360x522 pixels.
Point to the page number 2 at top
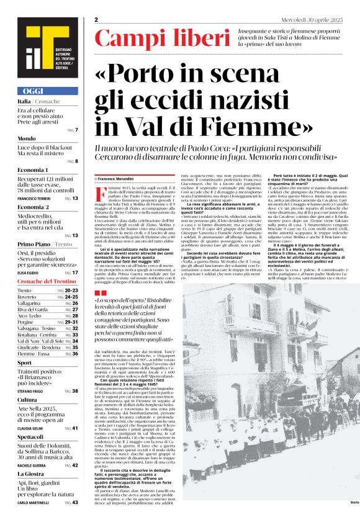[96, 20]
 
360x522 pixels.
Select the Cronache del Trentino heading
[46, 281]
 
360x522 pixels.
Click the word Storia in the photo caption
[354, 502]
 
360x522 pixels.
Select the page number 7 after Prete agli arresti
[76, 130]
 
